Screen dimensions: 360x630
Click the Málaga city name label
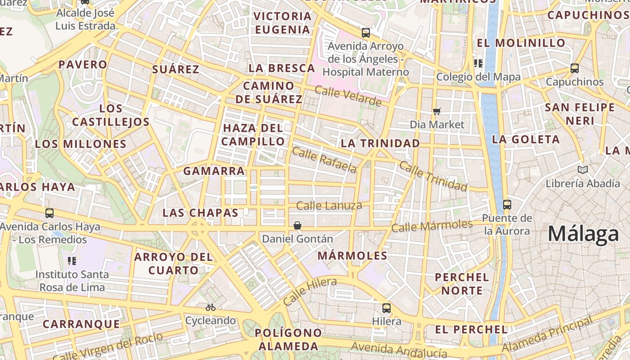coord(583,234)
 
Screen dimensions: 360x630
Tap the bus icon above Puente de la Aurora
coord(507,204)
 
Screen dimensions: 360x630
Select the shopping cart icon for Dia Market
coord(436,111)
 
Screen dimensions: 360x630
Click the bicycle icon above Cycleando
coord(210,307)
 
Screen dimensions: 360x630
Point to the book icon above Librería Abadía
coord(583,170)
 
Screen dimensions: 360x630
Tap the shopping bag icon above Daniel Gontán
coord(297,225)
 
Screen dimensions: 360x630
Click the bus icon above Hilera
coord(387,308)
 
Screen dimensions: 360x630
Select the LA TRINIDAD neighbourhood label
coord(380,143)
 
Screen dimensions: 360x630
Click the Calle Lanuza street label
coord(329,206)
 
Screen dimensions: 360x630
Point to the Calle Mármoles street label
coord(432,226)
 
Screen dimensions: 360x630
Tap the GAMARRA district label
coord(214,171)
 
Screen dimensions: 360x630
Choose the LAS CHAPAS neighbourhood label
coord(200,213)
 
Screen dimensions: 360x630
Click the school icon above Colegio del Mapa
coord(478,63)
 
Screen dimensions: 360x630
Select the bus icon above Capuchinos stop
coord(575,68)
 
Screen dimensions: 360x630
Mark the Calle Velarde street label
coord(348,96)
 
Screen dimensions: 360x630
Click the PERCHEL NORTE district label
coord(462,283)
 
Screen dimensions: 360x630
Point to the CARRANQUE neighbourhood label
coord(81,324)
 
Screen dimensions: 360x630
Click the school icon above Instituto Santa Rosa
coord(72,261)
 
